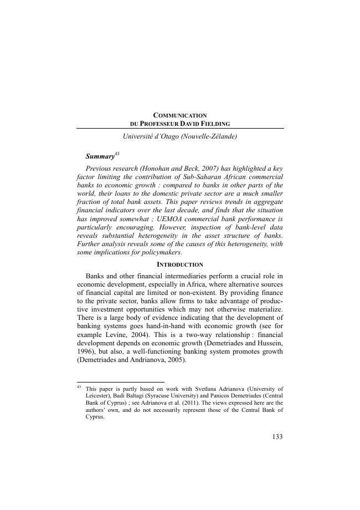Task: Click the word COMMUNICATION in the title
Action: point(179,115)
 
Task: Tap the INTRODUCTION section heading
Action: point(179,264)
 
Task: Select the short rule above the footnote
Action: point(120,382)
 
